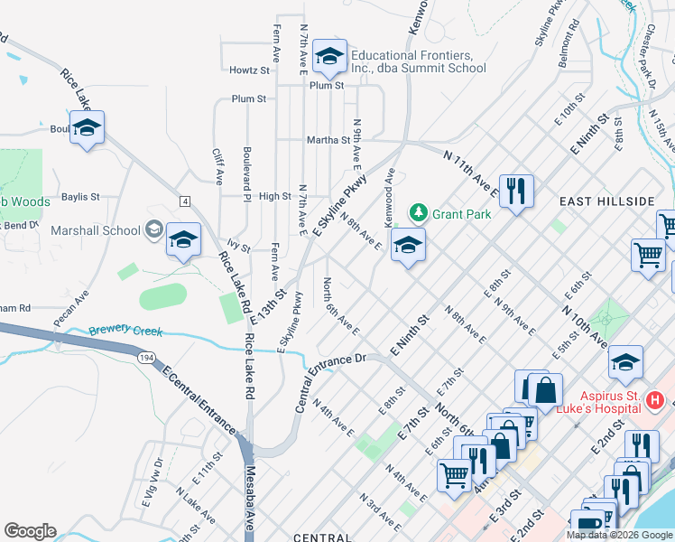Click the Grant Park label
tap(460, 214)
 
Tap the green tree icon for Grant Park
tap(418, 214)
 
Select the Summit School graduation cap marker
tap(329, 59)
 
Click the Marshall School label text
tap(96, 230)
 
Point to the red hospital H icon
tap(656, 399)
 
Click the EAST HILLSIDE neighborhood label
tap(606, 201)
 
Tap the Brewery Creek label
tap(125, 331)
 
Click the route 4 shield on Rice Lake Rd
tap(184, 200)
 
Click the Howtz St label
tap(249, 70)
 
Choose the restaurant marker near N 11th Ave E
tap(516, 191)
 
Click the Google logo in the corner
tap(30, 531)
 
